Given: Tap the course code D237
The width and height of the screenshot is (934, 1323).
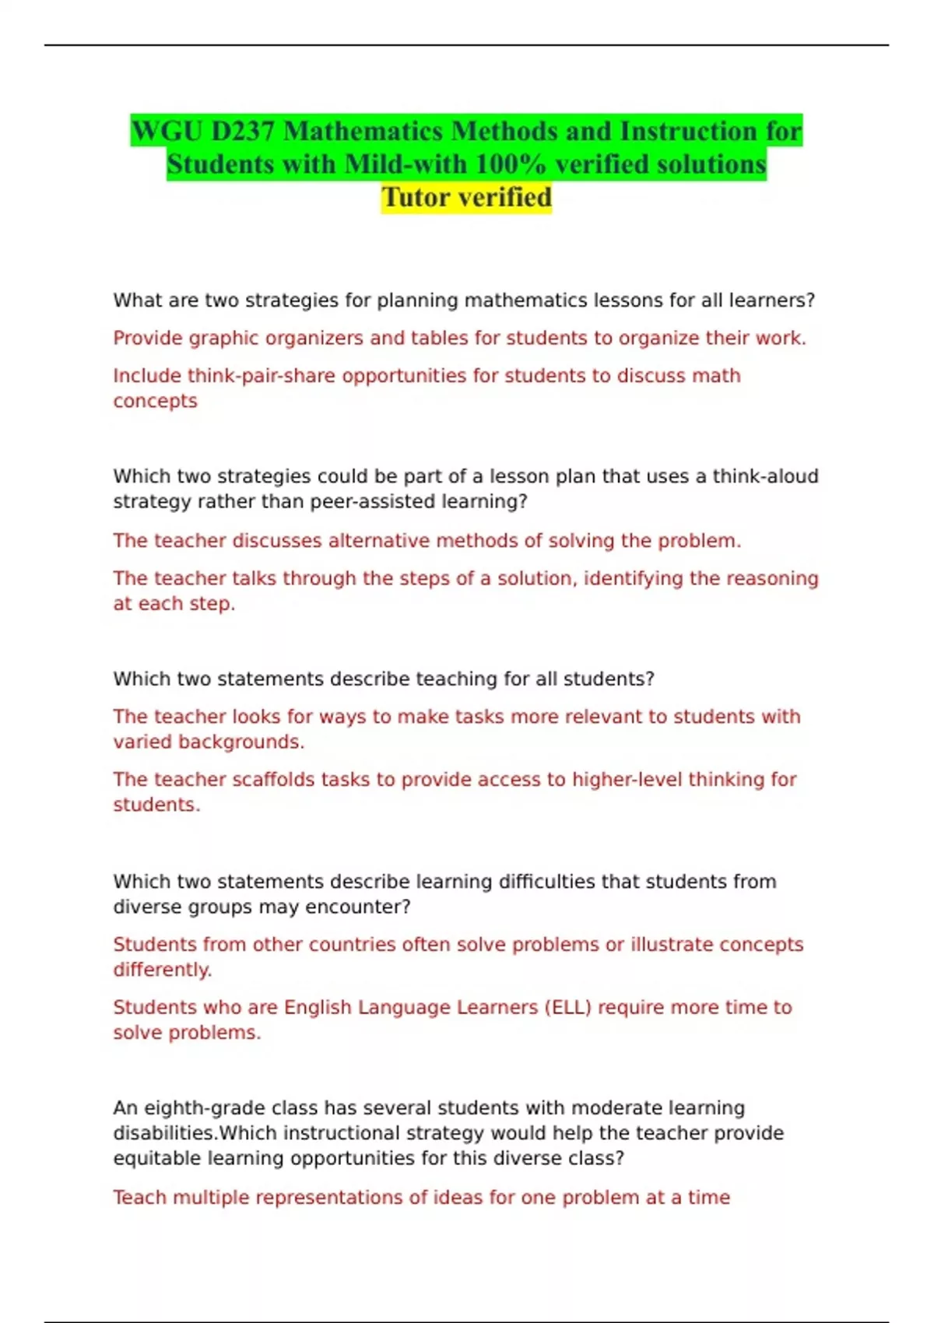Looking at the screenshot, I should pos(243,131).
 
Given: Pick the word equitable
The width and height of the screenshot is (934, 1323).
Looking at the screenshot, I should pos(157,1159).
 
